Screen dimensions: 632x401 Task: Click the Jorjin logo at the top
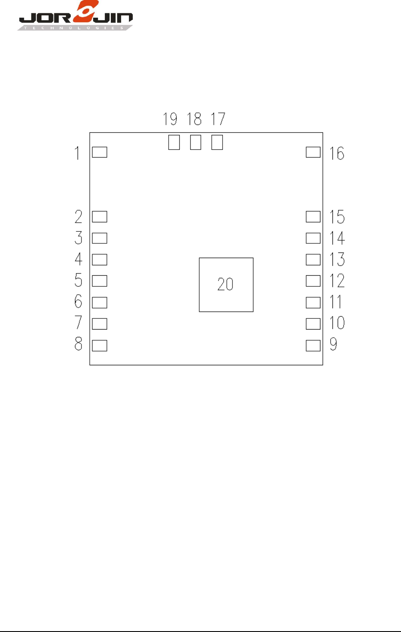pos(75,16)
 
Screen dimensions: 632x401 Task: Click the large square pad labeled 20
pos(226,285)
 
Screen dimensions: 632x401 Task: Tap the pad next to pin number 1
pos(100,152)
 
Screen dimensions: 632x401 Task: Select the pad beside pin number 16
pos(313,152)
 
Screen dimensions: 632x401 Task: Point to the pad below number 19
pos(174,142)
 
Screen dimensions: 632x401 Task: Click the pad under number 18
pos(195,142)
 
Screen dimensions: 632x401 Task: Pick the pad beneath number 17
pos(217,142)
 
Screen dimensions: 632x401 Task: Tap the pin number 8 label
pos(78,344)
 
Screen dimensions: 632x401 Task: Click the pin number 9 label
pos(333,344)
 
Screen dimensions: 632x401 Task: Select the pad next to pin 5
pos(100,281)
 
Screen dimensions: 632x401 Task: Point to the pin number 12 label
pos(337,281)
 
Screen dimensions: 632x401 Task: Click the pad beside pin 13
pos(313,259)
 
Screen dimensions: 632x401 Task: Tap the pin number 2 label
pos(78,216)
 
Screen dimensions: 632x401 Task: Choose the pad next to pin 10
pos(313,324)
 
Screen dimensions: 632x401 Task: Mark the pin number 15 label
pos(337,217)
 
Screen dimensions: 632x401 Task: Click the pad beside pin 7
pos(100,324)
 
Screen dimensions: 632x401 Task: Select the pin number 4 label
pos(78,259)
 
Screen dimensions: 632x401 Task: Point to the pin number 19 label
pos(170,119)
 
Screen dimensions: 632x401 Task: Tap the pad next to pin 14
pos(313,238)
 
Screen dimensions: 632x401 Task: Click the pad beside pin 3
pos(100,238)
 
